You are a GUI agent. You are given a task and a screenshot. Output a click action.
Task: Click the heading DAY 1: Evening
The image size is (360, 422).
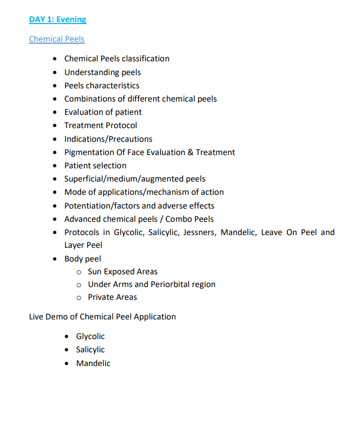click(x=57, y=20)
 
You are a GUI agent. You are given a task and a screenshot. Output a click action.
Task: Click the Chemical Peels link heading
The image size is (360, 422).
click(x=56, y=39)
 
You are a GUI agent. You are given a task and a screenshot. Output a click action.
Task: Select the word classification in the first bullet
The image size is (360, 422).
click(x=145, y=59)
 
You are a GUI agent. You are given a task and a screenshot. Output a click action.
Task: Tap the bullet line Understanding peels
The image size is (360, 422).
click(x=102, y=73)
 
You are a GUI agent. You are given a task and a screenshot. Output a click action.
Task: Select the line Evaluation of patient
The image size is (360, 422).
click(x=103, y=112)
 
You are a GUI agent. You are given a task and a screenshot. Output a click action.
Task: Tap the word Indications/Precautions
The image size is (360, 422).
click(x=108, y=139)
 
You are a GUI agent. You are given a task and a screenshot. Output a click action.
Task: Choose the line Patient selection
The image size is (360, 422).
click(x=95, y=166)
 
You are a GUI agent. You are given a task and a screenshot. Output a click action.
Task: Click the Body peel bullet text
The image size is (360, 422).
click(x=83, y=259)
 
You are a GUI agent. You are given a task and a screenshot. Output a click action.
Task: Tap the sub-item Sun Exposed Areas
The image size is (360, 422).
click(x=123, y=272)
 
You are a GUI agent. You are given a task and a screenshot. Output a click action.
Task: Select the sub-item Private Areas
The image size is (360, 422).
click(x=112, y=297)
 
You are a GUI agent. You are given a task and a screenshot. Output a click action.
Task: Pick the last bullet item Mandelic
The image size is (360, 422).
click(x=93, y=364)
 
